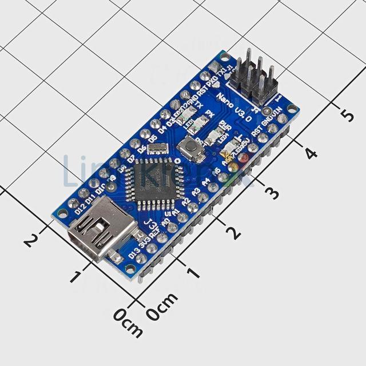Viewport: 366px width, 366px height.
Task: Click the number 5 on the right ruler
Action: pyautogui.click(x=347, y=115)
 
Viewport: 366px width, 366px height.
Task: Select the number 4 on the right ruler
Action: pyautogui.click(x=311, y=153)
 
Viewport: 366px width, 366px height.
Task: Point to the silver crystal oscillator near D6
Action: pyautogui.click(x=157, y=149)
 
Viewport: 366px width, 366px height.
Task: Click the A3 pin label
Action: pyautogui.click(x=196, y=192)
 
